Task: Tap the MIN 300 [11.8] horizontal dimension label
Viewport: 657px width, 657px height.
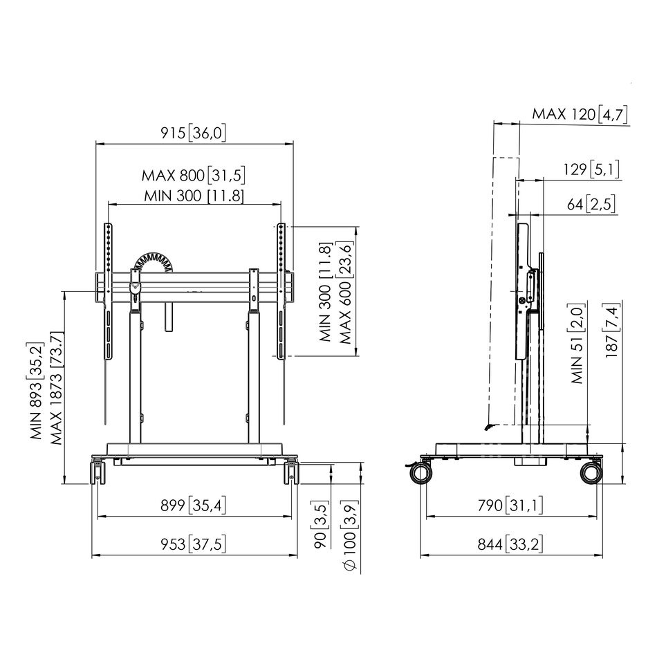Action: point(194,196)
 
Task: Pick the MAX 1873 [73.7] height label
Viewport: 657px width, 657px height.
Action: point(56,388)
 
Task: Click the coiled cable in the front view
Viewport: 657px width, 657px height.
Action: point(154,262)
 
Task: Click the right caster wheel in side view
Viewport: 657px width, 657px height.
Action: point(591,473)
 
